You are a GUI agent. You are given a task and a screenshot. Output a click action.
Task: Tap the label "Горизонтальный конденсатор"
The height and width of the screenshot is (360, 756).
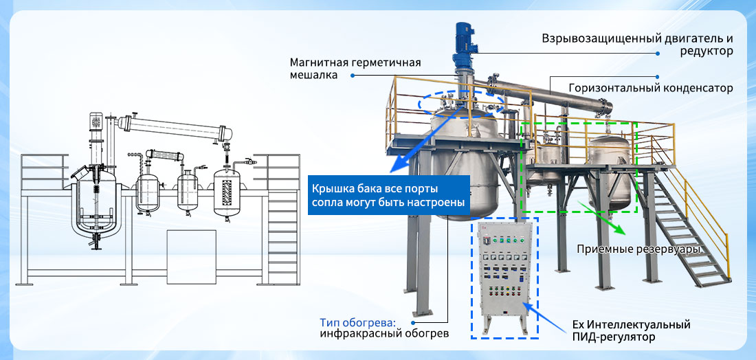pyautogui.click(x=651, y=88)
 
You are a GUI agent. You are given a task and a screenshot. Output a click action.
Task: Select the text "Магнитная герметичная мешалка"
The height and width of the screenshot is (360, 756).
pyautogui.click(x=355, y=69)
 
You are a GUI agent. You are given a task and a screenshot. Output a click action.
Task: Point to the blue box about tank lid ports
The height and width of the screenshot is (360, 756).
pyautogui.click(x=388, y=194)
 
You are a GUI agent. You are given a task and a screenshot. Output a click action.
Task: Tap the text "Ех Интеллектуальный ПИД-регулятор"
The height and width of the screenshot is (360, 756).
pyautogui.click(x=631, y=330)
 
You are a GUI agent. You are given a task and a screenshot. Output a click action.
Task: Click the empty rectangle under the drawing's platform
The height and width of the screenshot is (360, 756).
pyautogui.click(x=192, y=257)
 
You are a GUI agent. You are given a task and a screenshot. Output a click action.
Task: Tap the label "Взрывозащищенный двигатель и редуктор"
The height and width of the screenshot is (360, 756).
pyautogui.click(x=637, y=45)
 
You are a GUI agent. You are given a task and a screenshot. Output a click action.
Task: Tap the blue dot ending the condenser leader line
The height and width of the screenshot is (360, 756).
pyautogui.click(x=658, y=76)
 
